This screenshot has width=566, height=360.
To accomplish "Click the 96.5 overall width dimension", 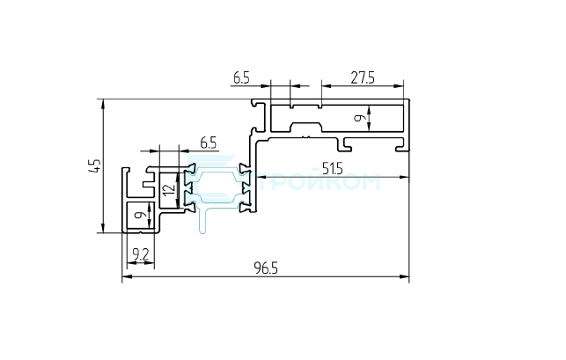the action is click(x=266, y=268).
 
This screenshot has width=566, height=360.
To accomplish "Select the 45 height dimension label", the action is click(x=94, y=165).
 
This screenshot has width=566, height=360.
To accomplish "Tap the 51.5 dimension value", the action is click(x=333, y=169).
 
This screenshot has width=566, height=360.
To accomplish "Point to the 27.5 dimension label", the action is click(x=363, y=78).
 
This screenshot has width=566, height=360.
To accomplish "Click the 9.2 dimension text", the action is click(x=141, y=255).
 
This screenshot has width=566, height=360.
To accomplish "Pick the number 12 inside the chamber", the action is click(x=169, y=190).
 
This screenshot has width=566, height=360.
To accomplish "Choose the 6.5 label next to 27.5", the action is click(x=241, y=78).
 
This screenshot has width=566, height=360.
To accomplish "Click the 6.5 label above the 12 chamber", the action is click(x=209, y=143).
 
